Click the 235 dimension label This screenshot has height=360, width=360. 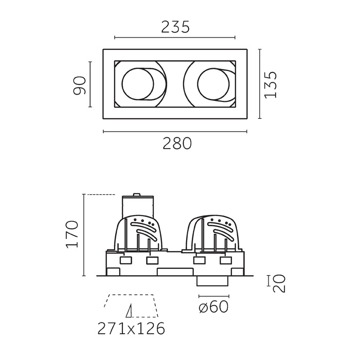(175, 27)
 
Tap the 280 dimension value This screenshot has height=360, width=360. (177, 143)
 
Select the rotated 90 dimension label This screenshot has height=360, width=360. (79, 85)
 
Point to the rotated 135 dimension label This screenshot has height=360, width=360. (271, 85)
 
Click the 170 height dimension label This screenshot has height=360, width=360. (72, 234)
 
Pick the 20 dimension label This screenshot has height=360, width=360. (279, 283)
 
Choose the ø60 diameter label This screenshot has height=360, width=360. (213, 307)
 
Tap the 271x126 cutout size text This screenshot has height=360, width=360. (131, 329)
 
